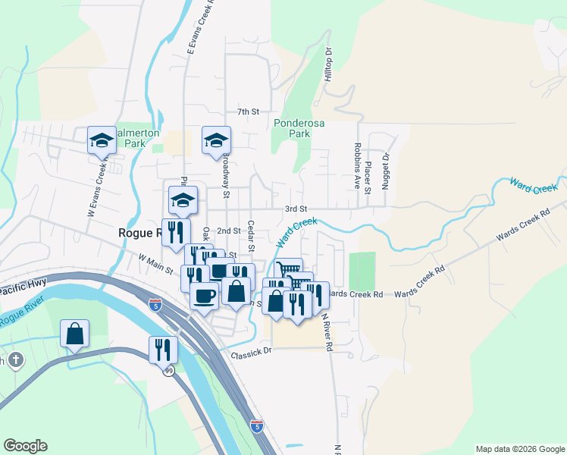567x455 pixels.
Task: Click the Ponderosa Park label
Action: click(x=293, y=127)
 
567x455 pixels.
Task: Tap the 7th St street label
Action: click(x=248, y=111)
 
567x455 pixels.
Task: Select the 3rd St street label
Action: click(x=295, y=209)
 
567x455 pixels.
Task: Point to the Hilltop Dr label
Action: click(x=329, y=65)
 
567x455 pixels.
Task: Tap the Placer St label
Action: click(x=368, y=170)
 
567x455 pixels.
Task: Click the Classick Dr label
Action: click(x=251, y=353)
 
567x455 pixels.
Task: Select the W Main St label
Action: click(x=156, y=263)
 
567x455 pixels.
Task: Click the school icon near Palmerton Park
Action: click(x=102, y=140)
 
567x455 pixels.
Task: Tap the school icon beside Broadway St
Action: click(x=216, y=140)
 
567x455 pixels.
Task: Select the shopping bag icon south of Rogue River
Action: click(x=75, y=334)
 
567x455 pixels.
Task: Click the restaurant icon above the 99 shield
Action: click(x=163, y=350)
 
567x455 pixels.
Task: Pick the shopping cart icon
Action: click(x=288, y=270)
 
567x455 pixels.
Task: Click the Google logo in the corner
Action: click(x=25, y=446)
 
